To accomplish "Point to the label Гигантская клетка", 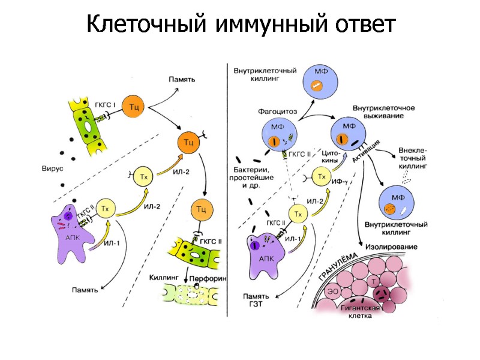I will (361, 313).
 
